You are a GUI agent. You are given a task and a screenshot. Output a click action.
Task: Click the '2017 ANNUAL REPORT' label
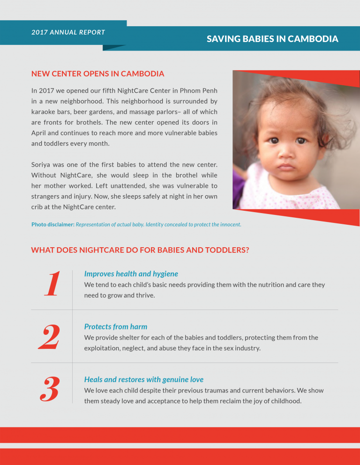pos(68,32)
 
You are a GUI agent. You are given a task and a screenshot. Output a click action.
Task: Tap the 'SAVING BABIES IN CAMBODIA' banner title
pos(272,39)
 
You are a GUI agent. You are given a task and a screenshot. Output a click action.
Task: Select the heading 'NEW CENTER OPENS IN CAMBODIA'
pos(97,74)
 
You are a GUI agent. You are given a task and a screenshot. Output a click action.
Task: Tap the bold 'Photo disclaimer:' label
pos(52,224)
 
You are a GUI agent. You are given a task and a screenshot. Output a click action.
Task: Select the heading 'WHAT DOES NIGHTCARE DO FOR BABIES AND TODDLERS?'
pos(140,250)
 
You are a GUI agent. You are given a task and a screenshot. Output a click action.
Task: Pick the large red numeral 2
pos(49,337)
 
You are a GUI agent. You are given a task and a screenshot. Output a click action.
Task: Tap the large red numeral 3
pos(49,390)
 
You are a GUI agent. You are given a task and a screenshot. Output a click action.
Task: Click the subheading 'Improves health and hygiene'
pos(131,274)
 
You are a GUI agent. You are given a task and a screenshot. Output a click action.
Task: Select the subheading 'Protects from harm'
pos(115,327)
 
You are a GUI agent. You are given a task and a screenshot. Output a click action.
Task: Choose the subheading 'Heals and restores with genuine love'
pos(143,380)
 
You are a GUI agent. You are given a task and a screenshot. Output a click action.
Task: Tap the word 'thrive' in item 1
pos(144,295)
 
